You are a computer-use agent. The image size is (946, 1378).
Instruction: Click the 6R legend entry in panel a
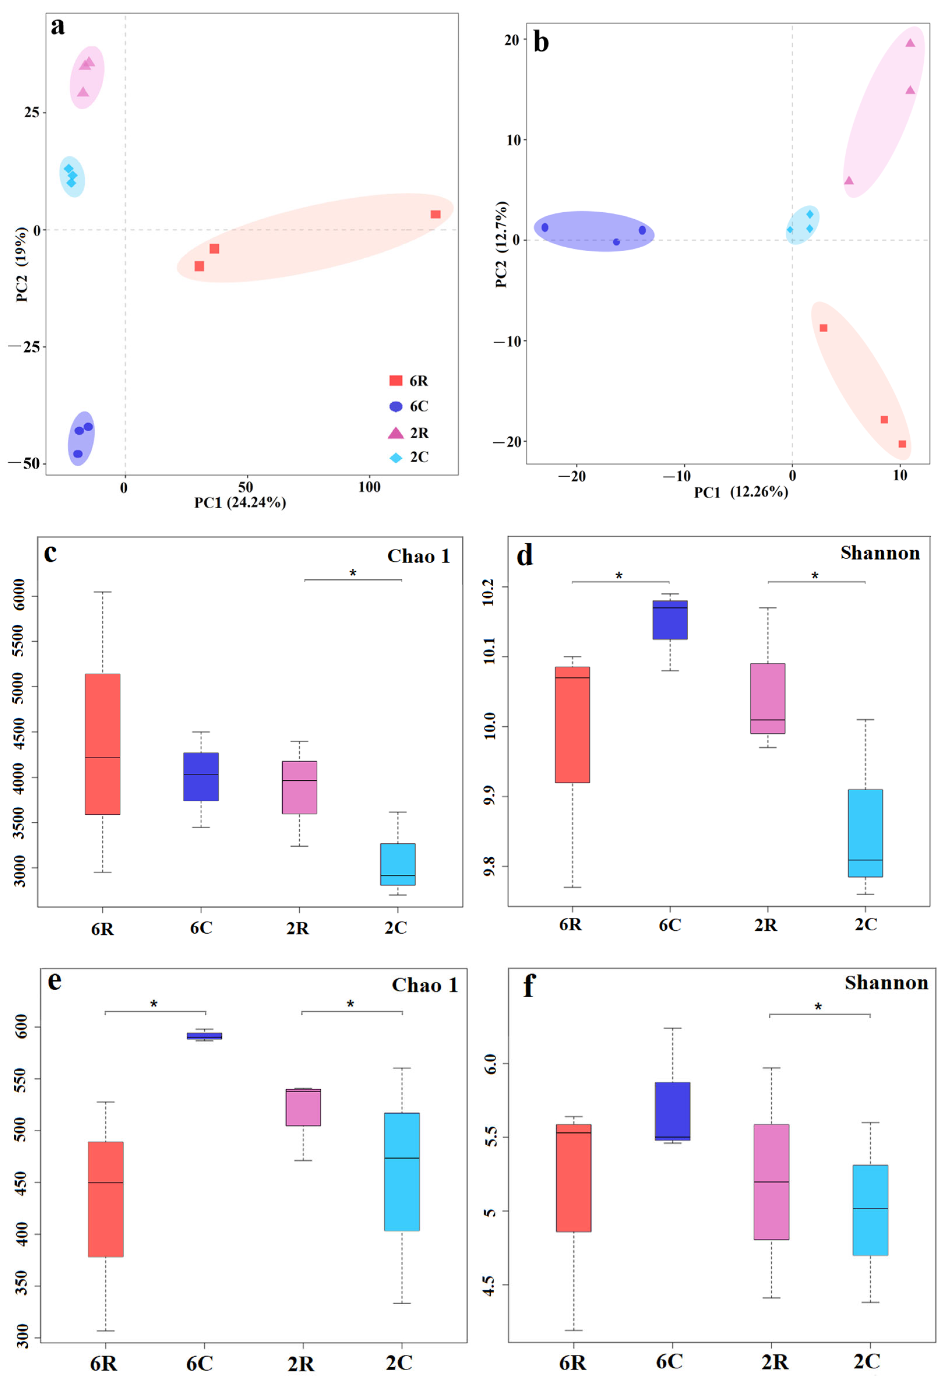pos(409,381)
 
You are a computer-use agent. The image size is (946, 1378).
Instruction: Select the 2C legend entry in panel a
pos(409,457)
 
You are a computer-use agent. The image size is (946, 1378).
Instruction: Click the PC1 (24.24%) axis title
pos(240,503)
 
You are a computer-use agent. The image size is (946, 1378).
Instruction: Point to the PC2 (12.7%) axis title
pos(502,244)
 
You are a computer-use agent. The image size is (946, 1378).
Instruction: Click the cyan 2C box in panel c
pos(398,864)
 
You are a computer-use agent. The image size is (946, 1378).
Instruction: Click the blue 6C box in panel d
pos(670,620)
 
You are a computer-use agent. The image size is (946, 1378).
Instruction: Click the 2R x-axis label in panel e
pos(301,1363)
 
